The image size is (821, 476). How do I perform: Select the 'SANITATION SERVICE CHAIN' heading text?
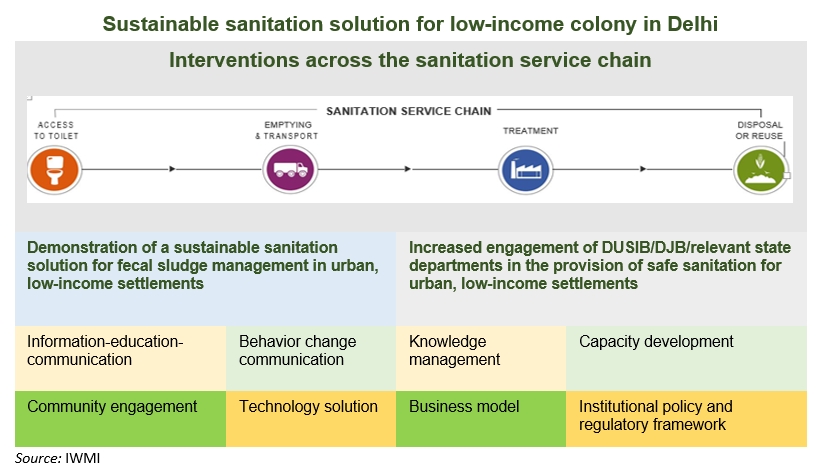[x=411, y=111]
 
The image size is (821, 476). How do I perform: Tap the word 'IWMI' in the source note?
[x=82, y=459]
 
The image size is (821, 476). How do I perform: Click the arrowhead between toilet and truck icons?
[x=172, y=169]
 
